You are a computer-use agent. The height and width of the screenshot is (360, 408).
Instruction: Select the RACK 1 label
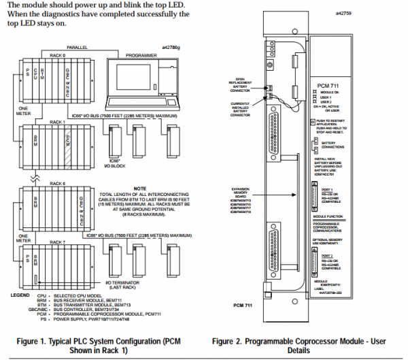[x=58, y=122]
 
